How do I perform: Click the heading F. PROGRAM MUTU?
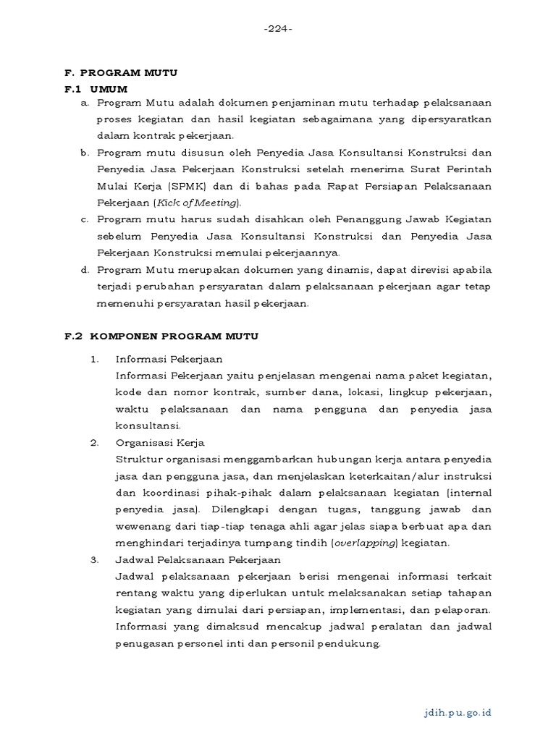(121, 73)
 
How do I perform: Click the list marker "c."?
(84, 220)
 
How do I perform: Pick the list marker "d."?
(84, 270)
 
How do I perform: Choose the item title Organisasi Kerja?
(160, 442)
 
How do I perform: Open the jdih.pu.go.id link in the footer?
(458, 712)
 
